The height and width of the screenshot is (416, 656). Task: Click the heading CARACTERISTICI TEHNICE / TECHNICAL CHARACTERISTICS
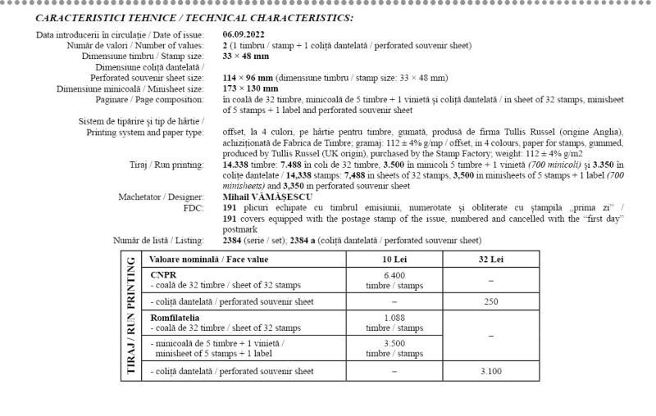pyautogui.click(x=195, y=17)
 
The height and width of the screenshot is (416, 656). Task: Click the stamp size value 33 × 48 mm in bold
pyautogui.click(x=246, y=56)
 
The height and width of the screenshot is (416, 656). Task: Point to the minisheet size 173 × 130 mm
pyautogui.click(x=250, y=88)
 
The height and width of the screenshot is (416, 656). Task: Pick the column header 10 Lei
pyautogui.click(x=394, y=260)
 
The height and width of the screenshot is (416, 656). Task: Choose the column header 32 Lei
pyautogui.click(x=491, y=260)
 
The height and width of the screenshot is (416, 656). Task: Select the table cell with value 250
pyautogui.click(x=491, y=301)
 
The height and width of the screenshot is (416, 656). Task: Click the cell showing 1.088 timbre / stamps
pyautogui.click(x=394, y=322)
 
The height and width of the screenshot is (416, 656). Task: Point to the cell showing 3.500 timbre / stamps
pyautogui.click(x=394, y=348)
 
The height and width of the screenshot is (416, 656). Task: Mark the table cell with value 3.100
pyautogui.click(x=491, y=371)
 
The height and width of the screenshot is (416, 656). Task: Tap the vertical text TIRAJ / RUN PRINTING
pyautogui.click(x=130, y=315)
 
